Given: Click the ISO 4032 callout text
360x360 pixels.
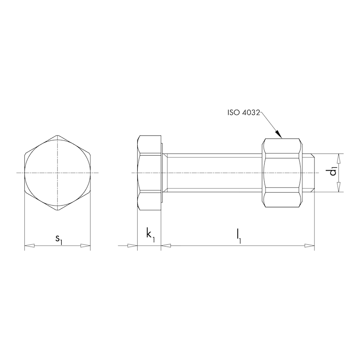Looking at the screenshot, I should click(243, 112).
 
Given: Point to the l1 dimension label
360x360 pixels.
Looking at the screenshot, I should click(238, 236).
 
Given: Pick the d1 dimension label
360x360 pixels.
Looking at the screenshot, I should click(333, 172).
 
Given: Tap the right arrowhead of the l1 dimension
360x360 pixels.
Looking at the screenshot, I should click(310, 245).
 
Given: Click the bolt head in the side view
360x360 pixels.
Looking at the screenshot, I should click(148, 173).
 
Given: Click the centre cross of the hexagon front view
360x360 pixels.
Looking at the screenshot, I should click(57, 173).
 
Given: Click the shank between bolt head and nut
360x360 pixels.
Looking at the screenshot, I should click(211, 173).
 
